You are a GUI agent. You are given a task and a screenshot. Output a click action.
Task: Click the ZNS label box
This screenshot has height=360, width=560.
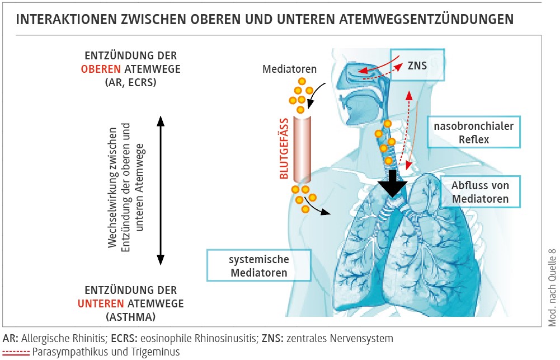click(x=417, y=66)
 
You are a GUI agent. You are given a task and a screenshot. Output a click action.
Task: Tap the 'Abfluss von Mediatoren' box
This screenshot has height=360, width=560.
click(x=481, y=191)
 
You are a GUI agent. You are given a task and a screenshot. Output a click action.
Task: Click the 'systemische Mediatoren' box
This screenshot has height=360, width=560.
click(x=258, y=265)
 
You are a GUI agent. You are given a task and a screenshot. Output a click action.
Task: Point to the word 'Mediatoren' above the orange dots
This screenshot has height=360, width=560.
click(x=289, y=70)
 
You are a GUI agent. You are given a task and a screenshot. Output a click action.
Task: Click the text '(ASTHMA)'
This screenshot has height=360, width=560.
click(x=130, y=316)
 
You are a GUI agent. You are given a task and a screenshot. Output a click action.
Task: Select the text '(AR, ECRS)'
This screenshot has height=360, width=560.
click(x=130, y=82)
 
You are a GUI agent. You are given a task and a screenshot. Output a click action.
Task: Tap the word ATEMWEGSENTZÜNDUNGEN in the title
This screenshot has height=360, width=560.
click(x=426, y=20)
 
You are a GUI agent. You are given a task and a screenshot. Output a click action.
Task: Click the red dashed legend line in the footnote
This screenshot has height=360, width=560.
click(x=16, y=352)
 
